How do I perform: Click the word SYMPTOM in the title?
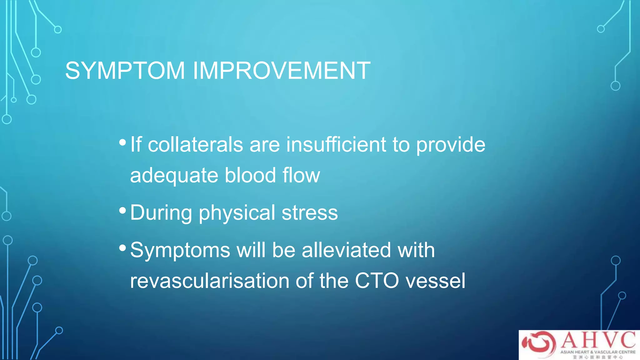pos(125,71)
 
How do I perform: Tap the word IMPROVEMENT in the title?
pos(281,71)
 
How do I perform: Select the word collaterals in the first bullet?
pos(195,145)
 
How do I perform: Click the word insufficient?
pos(336,145)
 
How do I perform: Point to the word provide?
pos(451,145)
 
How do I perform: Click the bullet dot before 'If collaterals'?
pos(122,143)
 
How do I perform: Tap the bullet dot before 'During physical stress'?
pos(122,211)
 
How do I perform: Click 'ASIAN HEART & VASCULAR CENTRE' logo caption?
pos(598,352)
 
